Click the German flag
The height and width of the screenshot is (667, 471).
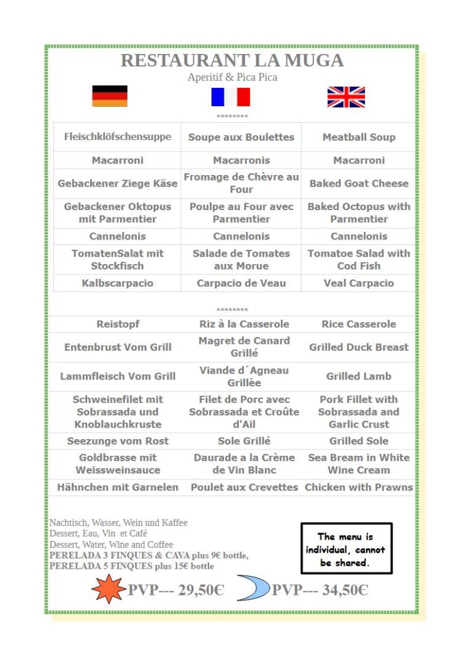click(x=110, y=96)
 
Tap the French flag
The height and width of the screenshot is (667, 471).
click(x=231, y=97)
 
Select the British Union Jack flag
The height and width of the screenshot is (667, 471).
click(x=346, y=97)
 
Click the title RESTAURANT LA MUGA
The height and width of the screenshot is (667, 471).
click(x=232, y=60)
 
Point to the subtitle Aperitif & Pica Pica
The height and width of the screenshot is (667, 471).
click(x=232, y=77)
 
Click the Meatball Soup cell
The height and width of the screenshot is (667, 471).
click(x=359, y=137)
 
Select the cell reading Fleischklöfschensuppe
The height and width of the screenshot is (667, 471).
click(x=118, y=136)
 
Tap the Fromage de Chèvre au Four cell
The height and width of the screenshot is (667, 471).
click(x=241, y=183)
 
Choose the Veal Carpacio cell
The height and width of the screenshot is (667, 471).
click(x=359, y=283)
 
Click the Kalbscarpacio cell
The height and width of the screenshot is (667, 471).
click(x=118, y=283)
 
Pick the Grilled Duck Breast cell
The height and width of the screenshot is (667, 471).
click(x=359, y=347)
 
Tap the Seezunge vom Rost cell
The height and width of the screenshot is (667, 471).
click(x=118, y=441)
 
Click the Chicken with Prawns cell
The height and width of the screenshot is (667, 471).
click(x=359, y=487)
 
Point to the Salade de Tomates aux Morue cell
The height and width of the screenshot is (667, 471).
click(x=241, y=259)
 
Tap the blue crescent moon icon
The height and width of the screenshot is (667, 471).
click(x=253, y=589)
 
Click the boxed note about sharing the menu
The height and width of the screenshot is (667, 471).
click(x=346, y=549)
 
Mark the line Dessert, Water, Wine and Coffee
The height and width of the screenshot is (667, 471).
click(x=111, y=545)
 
